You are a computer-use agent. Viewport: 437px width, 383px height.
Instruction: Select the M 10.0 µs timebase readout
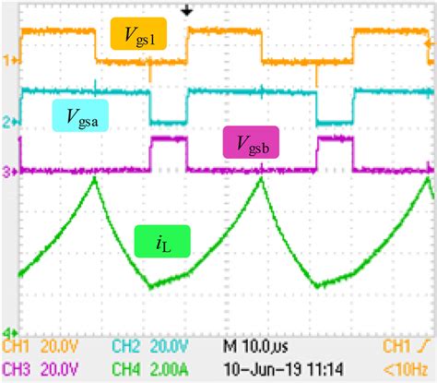point(259,347)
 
